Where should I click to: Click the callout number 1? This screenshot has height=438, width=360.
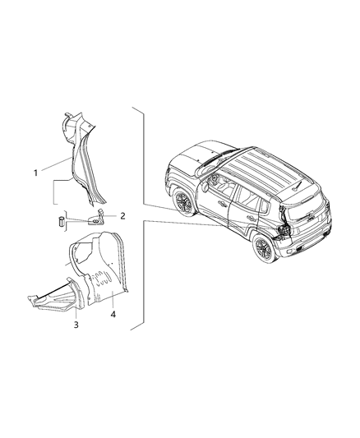35,173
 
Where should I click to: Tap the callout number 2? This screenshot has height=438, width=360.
122,216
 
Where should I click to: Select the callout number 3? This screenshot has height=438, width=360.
76,325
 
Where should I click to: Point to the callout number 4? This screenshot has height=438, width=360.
113,315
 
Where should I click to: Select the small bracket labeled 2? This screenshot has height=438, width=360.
95,217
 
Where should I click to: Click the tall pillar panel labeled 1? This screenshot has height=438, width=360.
83,159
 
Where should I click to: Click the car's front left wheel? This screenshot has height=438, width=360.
184,201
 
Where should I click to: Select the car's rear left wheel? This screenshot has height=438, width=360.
263,248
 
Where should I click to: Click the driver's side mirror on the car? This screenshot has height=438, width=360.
205,187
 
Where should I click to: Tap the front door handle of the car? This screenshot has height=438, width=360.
223,203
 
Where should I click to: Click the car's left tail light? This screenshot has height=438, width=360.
282,231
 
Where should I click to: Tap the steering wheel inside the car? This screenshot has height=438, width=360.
215,178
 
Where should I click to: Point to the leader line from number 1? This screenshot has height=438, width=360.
56,164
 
